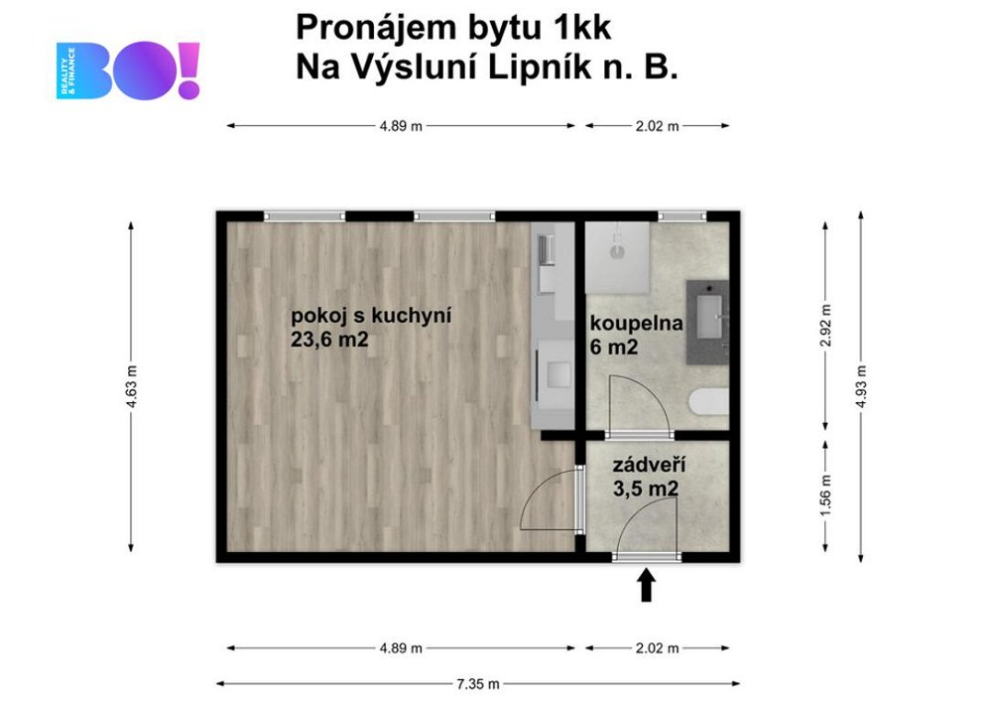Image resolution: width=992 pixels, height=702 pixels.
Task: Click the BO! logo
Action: [128, 70]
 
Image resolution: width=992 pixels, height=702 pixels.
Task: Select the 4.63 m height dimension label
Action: [131, 386]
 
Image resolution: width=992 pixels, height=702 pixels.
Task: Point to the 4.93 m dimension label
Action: [860, 386]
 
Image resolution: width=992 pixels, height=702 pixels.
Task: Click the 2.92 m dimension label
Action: [825, 326]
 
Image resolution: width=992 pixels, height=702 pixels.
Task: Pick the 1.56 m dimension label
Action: [825, 495]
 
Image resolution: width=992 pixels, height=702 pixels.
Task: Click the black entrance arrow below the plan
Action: [646, 585]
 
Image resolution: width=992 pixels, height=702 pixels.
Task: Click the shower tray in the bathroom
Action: [617, 257]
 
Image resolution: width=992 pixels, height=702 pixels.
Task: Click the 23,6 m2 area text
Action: [329, 340]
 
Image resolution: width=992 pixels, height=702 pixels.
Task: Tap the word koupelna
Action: [637, 323]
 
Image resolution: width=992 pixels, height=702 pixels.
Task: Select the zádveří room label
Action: [649, 466]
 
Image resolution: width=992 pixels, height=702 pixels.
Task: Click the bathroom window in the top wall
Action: [682, 216]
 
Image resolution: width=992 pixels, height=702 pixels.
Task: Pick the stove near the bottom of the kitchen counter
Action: [556, 373]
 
